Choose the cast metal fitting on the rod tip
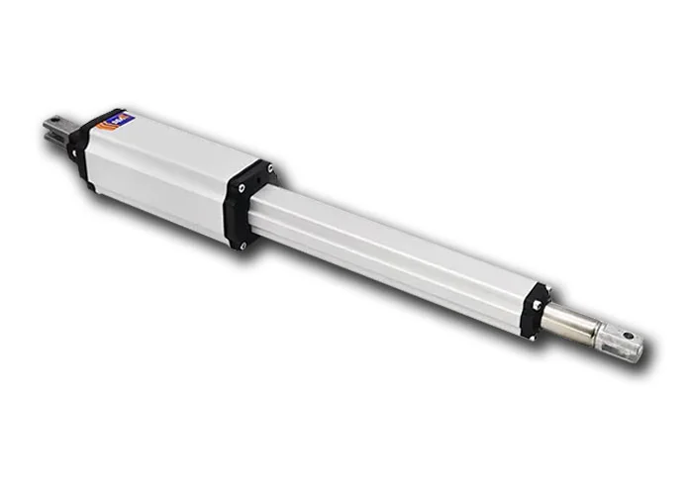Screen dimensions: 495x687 tap(618, 341)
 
